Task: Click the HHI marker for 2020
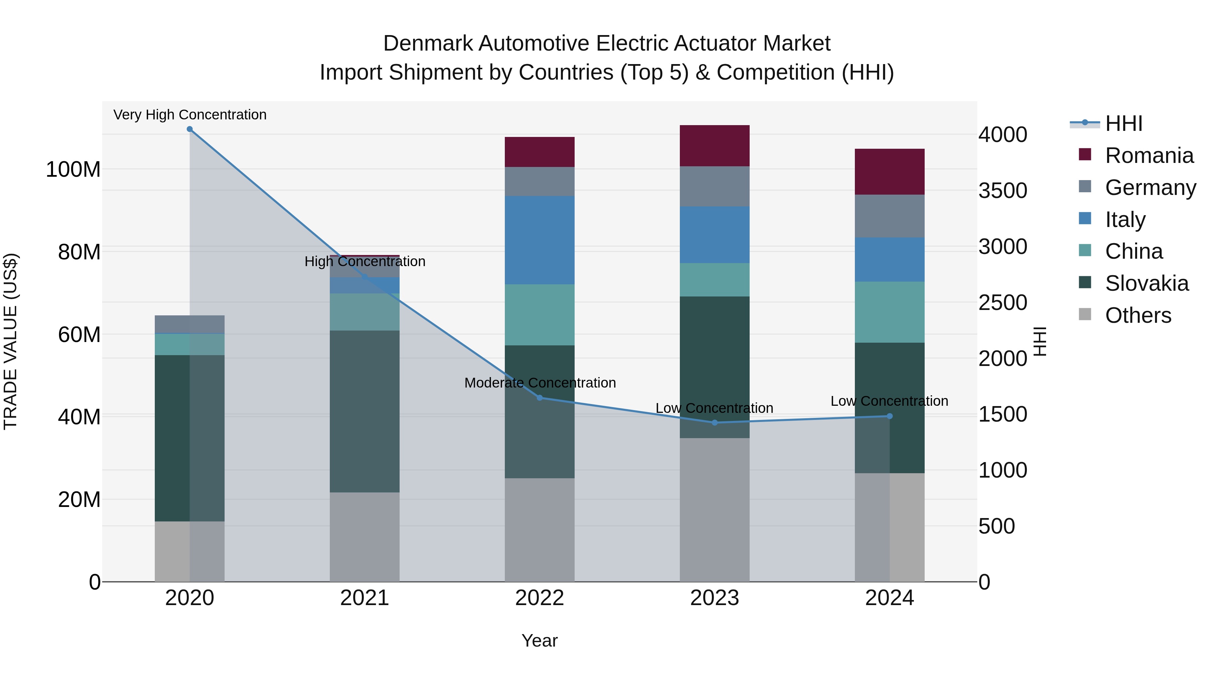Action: click(190, 129)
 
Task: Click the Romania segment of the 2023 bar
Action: click(715, 146)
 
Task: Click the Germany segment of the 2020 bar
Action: click(190, 324)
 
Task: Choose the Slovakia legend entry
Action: click(1146, 283)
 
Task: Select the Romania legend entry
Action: click(1149, 155)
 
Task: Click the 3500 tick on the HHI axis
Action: click(1003, 191)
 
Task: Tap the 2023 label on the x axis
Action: click(715, 598)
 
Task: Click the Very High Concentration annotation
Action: click(190, 115)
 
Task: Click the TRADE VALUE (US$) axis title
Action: click(10, 341)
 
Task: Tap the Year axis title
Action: click(540, 641)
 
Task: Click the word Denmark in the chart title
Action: click(428, 44)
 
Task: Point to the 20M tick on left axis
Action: click(79, 500)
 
